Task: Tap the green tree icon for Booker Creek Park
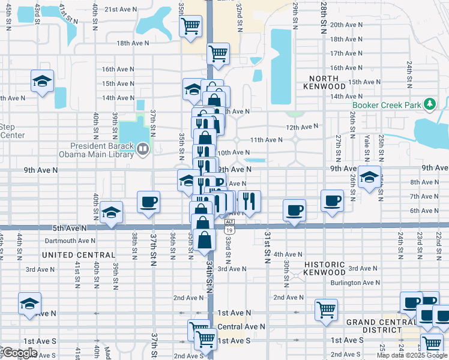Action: tap(429, 104)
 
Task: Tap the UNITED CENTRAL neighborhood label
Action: tap(79, 255)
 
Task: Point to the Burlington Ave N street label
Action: tap(355, 282)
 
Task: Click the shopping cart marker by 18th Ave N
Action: tap(218, 53)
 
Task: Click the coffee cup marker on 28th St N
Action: tap(332, 200)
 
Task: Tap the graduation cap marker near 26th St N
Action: tap(369, 177)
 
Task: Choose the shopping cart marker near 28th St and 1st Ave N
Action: tap(326, 310)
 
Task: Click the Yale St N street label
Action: tap(367, 148)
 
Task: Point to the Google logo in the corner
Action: tap(20, 353)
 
